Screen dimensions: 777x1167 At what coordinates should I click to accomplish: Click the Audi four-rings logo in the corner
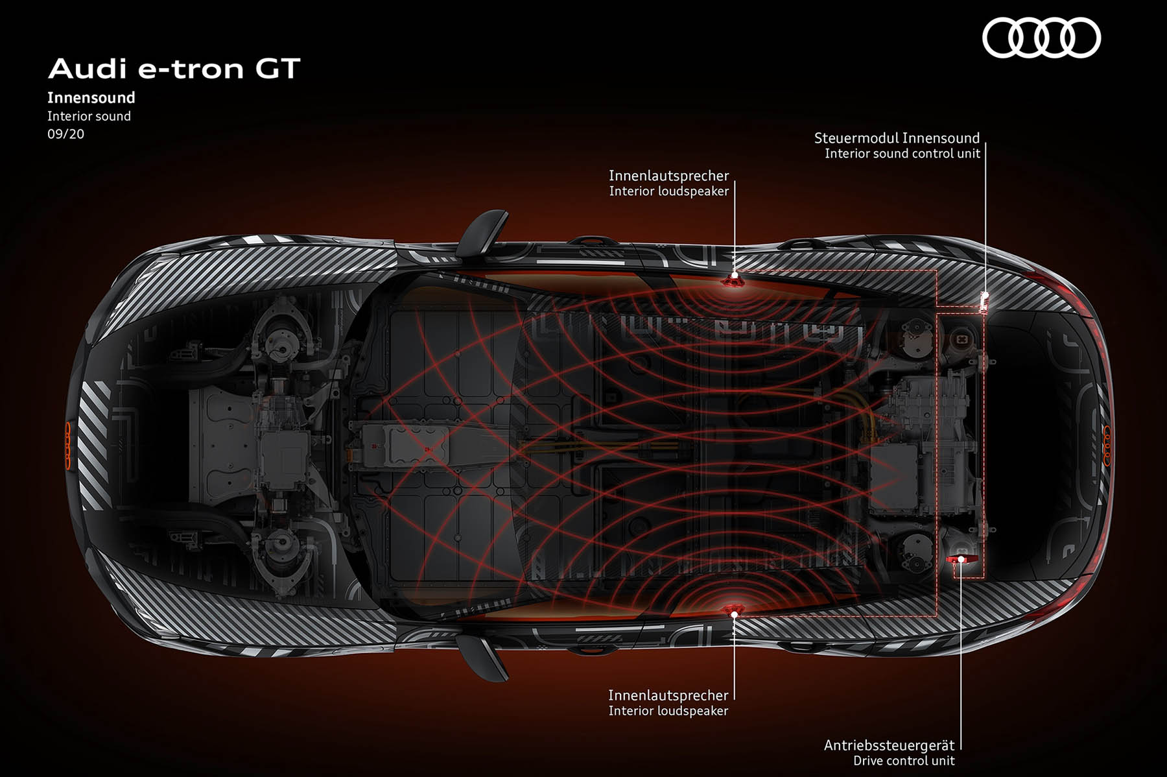[1041, 38]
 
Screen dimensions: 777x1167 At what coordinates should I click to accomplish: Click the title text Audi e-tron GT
[174, 69]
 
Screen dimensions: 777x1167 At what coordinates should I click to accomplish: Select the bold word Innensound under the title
[91, 98]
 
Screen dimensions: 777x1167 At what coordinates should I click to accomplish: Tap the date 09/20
[65, 134]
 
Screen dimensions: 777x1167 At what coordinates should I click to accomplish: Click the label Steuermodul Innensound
[897, 138]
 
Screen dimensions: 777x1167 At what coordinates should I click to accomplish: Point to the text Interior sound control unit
[902, 154]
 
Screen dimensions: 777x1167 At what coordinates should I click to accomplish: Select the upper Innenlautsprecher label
[668, 176]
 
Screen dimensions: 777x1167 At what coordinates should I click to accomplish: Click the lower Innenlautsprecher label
[668, 695]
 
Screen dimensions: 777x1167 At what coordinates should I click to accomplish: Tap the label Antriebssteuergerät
[889, 745]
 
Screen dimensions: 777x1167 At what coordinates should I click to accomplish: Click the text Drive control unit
[904, 761]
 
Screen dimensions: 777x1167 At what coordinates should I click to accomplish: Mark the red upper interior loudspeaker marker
[734, 280]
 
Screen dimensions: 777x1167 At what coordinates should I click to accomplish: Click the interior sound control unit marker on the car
[984, 302]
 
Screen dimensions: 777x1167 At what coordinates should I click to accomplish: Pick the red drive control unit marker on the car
[959, 558]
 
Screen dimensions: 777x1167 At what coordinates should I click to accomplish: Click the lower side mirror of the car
[482, 656]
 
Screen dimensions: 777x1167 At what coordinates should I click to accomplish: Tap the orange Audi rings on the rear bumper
[1107, 445]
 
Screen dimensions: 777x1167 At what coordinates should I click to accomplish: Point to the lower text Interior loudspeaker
[668, 711]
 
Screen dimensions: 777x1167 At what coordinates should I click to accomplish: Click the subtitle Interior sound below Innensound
[89, 117]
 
